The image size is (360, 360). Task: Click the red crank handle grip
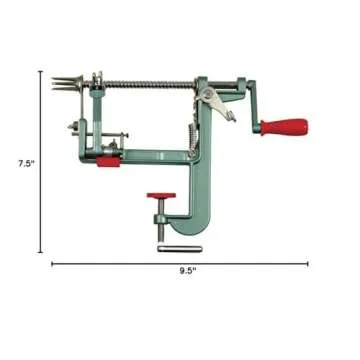(x=285, y=126)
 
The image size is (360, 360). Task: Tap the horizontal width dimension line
(x=120, y=265)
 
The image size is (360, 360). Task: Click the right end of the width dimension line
(x=308, y=265)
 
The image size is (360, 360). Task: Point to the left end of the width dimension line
(x=51, y=265)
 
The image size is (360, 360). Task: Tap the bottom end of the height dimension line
(x=41, y=249)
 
